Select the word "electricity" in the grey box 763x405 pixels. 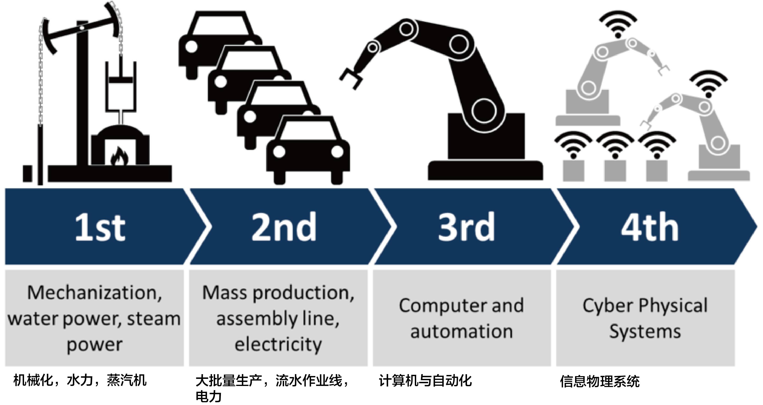pyautogui.click(x=278, y=344)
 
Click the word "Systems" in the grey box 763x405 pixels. pyautogui.click(x=645, y=331)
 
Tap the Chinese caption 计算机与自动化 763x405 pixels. pyautogui.click(x=425, y=381)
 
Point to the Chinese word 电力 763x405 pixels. pyautogui.click(x=209, y=397)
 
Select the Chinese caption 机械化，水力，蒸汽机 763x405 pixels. pyautogui.click(x=80, y=380)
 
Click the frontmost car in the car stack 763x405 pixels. pyautogui.click(x=308, y=151)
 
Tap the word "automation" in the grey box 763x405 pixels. pyautogui.click(x=462, y=331)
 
